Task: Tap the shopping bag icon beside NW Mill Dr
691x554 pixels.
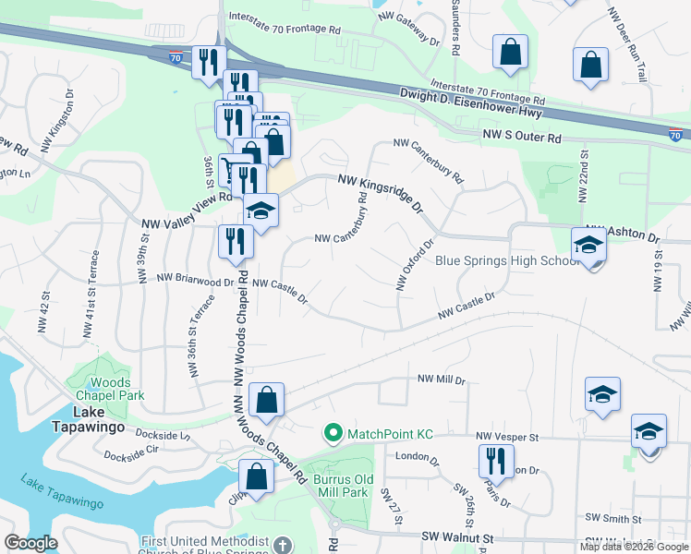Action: click(266, 401)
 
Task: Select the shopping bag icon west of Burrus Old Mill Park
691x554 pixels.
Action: click(257, 476)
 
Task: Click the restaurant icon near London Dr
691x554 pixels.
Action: click(496, 461)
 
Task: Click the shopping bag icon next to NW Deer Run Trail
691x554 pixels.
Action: click(591, 66)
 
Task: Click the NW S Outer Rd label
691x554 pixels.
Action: click(522, 138)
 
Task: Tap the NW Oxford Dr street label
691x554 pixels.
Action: click(415, 266)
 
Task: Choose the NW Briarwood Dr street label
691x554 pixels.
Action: click(195, 280)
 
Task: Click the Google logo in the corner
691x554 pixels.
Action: click(30, 543)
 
